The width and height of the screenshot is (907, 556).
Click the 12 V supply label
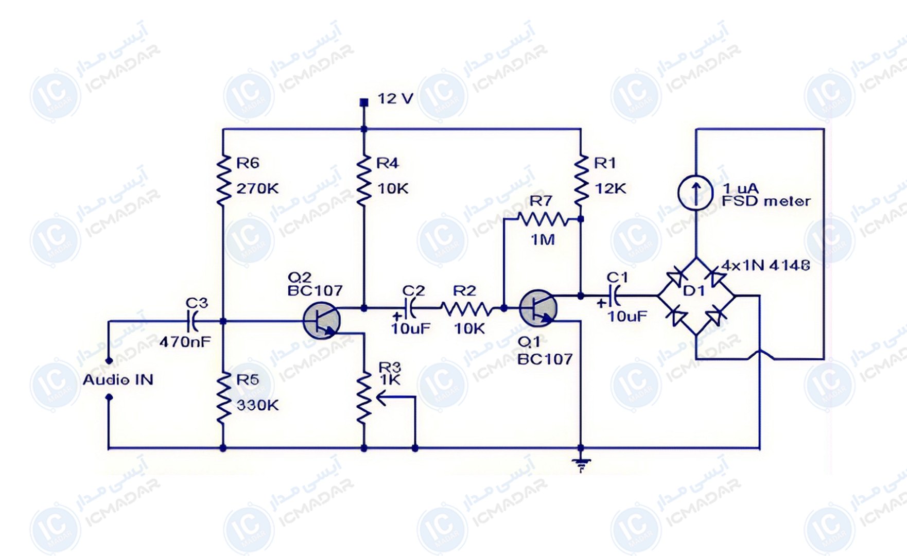395,98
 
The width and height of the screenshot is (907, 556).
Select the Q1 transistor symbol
538,308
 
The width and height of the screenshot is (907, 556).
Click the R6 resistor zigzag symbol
223,180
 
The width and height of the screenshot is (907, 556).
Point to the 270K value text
257,189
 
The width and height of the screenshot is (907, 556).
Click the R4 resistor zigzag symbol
364,180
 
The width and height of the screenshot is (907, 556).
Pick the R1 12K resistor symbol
581,180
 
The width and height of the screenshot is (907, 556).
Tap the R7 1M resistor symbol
543,220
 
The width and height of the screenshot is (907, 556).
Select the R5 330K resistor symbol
223,398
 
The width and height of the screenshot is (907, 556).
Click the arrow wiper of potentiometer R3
396,398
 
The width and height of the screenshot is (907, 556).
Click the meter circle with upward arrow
695,192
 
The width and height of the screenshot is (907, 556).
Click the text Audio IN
118,380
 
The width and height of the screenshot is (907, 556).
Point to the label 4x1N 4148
765,265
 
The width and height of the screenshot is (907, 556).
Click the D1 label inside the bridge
693,291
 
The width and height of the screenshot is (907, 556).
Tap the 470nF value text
185,342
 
